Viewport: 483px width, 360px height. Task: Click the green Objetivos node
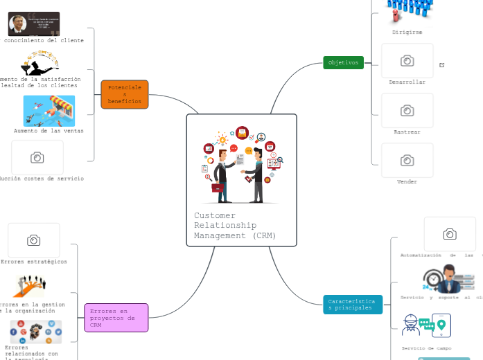coord(343,62)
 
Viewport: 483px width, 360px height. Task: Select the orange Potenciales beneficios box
coord(125,94)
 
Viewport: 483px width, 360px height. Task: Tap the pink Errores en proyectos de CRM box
coord(116,318)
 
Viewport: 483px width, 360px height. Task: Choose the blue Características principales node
coord(353,305)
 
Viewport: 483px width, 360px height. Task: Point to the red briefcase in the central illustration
coord(218,187)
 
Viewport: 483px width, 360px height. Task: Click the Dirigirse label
coord(407,32)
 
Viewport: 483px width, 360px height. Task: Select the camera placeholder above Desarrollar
coord(407,61)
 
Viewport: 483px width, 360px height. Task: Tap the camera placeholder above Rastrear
coord(407,111)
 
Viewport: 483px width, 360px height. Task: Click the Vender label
coord(407,181)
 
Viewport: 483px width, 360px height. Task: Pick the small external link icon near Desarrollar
coord(442,65)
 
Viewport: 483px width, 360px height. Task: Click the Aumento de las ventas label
coord(49,130)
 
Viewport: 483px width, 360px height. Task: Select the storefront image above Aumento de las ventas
coord(49,111)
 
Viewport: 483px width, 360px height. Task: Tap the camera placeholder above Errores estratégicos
coord(33,240)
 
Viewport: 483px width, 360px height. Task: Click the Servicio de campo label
coord(426,348)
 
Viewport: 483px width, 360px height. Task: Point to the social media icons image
coord(35,332)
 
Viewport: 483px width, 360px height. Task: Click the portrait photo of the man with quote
coord(33,24)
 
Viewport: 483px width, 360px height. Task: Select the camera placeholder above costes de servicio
coord(37,158)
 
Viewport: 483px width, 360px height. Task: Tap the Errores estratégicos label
coord(34,262)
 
